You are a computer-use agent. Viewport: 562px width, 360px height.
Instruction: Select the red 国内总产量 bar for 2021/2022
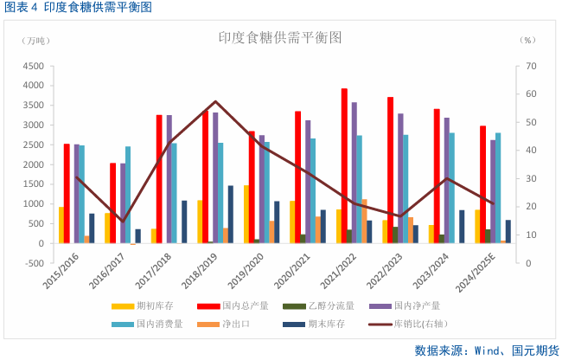point(344,165)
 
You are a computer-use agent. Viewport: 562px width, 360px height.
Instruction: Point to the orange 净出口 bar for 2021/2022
point(364,221)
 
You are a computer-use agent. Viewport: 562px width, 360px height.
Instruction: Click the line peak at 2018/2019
point(216,102)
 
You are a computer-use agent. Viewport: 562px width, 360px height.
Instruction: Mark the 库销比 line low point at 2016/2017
point(123,222)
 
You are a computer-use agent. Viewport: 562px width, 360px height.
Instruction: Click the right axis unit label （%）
point(528,40)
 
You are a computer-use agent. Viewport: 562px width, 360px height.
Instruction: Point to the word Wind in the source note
point(482,350)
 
